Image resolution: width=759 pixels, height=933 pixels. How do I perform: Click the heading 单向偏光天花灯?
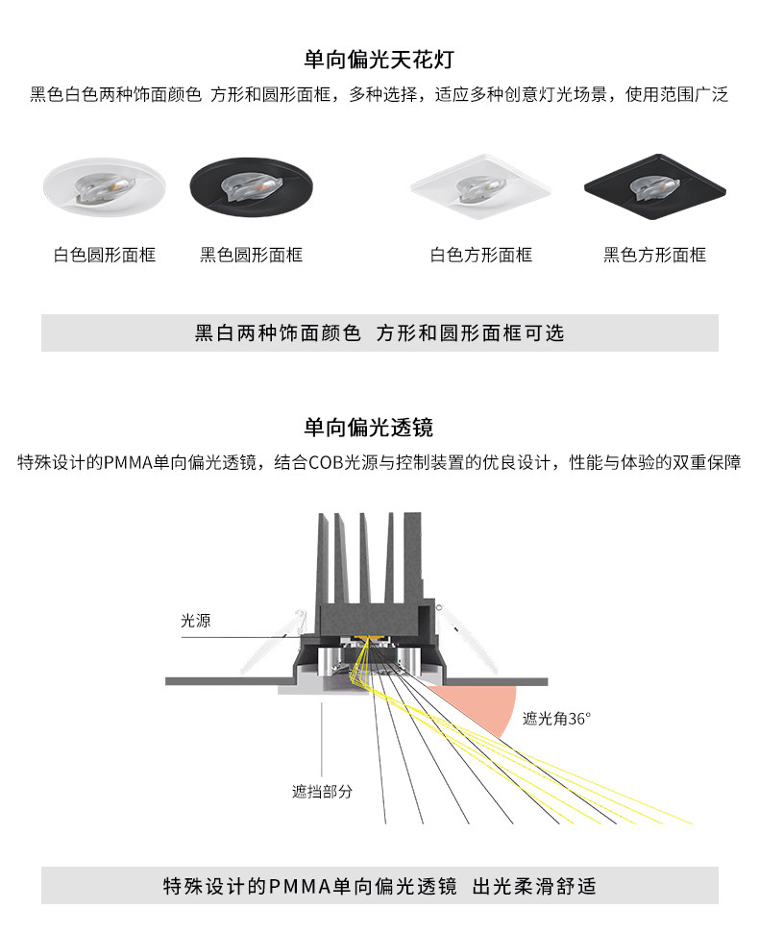379,60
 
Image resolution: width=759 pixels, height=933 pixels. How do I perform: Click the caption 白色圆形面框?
105,255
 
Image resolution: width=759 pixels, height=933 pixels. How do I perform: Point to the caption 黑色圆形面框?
251,255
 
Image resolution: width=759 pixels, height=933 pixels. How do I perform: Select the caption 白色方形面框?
480,255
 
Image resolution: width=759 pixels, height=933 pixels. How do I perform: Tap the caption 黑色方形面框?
654,255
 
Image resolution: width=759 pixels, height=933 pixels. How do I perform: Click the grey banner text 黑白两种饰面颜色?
278,333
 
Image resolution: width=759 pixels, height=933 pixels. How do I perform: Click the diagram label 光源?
195,621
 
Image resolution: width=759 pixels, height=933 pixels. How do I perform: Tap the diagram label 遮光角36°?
556,718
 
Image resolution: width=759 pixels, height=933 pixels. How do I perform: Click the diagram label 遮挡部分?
322,792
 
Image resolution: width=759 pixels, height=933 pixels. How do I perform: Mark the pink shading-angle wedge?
485,706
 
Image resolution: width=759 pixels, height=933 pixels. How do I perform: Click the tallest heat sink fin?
410,557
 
